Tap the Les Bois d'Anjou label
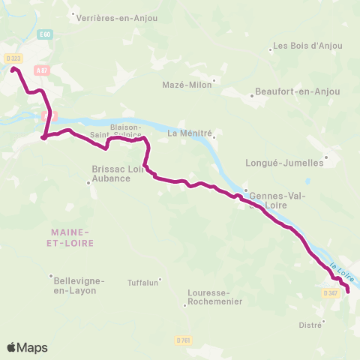tap(307, 46)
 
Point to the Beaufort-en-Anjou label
tap(298, 92)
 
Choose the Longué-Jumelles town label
tap(284, 162)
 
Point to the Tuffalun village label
tap(142, 283)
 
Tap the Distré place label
tap(310, 325)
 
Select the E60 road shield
tap(46, 34)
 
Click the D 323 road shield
tap(12, 58)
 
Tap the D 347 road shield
tap(331, 293)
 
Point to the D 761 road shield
tap(184, 340)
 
